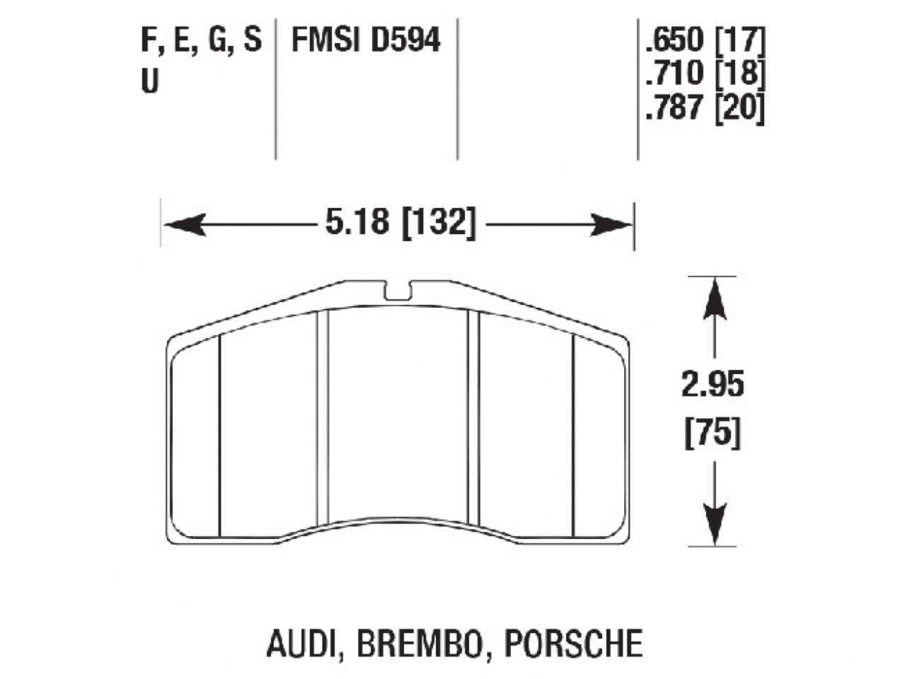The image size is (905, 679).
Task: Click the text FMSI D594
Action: coord(366,40)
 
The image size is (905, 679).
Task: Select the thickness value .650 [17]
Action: coord(705,40)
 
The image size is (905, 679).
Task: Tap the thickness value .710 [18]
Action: coord(705,74)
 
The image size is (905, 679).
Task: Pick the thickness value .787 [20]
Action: coord(705,109)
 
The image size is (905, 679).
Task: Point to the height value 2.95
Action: coord(713,385)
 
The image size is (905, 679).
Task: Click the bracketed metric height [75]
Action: coord(713,433)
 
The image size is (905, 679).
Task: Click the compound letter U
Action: coord(150,82)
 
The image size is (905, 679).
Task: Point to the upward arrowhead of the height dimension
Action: coord(714,294)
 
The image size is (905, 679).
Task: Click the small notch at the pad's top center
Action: coord(399,289)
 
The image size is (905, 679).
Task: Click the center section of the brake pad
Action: coord(399,417)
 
